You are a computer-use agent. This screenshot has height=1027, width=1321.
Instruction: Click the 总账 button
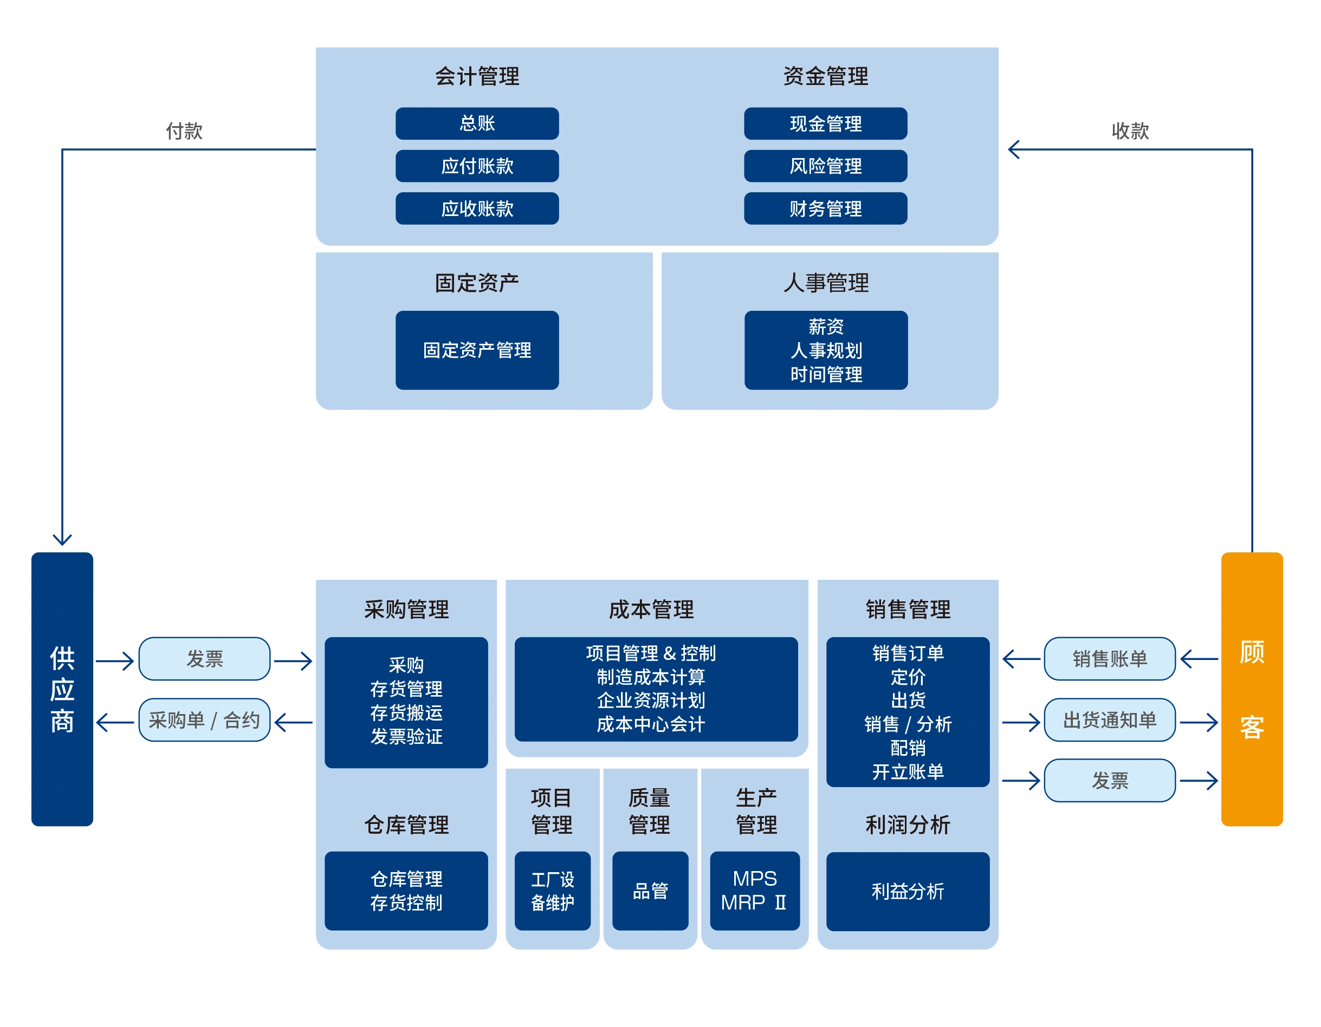click(477, 123)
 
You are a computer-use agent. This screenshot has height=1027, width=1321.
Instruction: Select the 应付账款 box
click(477, 166)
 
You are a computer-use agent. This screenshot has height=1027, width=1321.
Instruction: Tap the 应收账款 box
click(477, 208)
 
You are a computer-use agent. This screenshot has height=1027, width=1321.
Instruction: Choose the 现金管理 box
click(825, 123)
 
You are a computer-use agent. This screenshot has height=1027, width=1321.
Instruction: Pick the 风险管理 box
click(825, 166)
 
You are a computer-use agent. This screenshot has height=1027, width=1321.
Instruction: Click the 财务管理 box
click(825, 208)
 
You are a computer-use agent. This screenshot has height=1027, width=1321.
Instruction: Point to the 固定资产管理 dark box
click(477, 350)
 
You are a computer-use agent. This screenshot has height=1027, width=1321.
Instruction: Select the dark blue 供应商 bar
click(62, 689)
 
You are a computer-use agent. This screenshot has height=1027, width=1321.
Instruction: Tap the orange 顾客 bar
click(1252, 689)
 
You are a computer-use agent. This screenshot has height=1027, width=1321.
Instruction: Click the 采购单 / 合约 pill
click(204, 720)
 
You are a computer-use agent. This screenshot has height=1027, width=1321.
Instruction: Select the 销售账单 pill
click(1109, 658)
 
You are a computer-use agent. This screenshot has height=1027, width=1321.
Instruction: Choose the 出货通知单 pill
click(1109, 720)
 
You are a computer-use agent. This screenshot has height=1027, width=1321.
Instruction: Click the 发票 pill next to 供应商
click(204, 658)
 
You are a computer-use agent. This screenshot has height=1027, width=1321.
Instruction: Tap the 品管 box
click(650, 891)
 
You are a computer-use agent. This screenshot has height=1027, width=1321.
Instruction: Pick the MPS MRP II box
click(754, 891)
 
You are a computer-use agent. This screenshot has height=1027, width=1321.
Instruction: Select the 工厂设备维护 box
click(552, 891)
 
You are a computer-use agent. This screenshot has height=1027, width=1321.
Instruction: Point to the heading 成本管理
click(651, 609)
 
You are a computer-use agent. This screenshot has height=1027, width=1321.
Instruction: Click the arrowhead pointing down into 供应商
click(62, 539)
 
